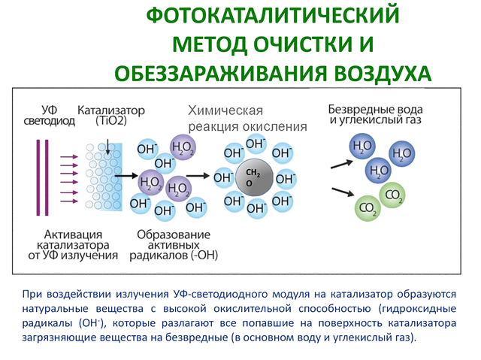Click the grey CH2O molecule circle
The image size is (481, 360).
(254, 177)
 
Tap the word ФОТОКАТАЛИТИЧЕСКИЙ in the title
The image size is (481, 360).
(273, 15)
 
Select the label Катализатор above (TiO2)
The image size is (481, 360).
(111, 110)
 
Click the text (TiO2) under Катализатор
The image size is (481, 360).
(111, 121)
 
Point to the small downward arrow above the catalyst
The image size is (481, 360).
(107, 147)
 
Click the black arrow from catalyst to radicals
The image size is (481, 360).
(126, 176)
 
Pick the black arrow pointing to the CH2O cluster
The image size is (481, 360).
(198, 176)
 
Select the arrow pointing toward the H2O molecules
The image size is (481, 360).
(342, 165)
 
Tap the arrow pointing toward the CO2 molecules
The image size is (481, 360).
(343, 192)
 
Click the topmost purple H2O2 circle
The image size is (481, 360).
(183, 147)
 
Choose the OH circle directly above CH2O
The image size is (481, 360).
(256, 144)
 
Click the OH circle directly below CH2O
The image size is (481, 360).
(256, 208)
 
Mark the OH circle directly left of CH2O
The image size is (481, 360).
(224, 177)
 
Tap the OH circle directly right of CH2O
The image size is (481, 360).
(286, 179)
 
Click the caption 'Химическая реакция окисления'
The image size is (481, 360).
(247, 118)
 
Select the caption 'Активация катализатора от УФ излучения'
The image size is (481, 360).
(73, 245)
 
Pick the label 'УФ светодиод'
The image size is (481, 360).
(49, 115)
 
